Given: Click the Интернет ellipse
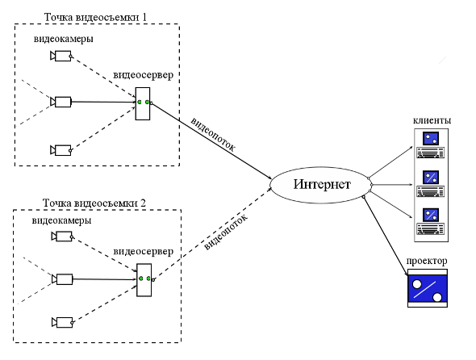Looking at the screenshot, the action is pyautogui.click(x=320, y=185).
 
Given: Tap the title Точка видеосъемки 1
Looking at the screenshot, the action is pyautogui.click(x=95, y=17).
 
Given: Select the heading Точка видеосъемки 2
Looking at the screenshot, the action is pyautogui.click(x=94, y=203).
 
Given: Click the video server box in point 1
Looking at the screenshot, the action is pyautogui.click(x=143, y=103).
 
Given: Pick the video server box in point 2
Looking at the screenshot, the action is pyautogui.click(x=144, y=280).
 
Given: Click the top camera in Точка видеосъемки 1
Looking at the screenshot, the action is pyautogui.click(x=61, y=57).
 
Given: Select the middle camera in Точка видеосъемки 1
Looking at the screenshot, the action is pyautogui.click(x=61, y=102).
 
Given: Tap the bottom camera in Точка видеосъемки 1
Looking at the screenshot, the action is pyautogui.click(x=61, y=150).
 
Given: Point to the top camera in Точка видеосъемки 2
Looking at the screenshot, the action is pyautogui.click(x=62, y=237).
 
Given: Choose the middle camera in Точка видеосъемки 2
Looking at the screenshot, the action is pyautogui.click(x=62, y=279).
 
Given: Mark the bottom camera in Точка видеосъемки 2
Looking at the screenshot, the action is pyautogui.click(x=62, y=322).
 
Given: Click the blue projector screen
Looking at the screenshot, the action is pyautogui.click(x=428, y=289).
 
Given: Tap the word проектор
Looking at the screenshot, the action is pyautogui.click(x=427, y=262).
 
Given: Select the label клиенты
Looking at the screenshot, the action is pyautogui.click(x=432, y=120).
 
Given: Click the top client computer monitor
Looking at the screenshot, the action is pyautogui.click(x=431, y=139).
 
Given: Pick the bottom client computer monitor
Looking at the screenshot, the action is pyautogui.click(x=431, y=215).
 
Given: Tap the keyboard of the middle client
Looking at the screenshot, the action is pyautogui.click(x=431, y=191).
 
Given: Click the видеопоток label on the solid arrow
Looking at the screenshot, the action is pyautogui.click(x=213, y=134).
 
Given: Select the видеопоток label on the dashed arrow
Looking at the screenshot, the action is pyautogui.click(x=226, y=231).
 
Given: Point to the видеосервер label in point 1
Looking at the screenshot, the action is pyautogui.click(x=144, y=75).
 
